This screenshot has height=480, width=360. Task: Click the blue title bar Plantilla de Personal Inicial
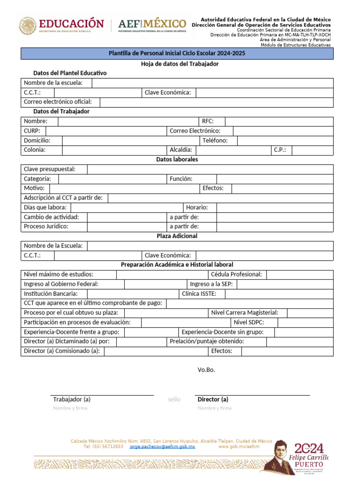click(177, 53)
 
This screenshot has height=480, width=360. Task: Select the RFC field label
click(208, 121)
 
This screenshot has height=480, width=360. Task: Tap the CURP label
click(32, 131)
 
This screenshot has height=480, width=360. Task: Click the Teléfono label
click(215, 140)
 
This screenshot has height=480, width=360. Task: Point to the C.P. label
click(280, 150)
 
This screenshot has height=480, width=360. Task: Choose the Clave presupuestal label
click(49, 169)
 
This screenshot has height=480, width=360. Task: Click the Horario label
click(197, 207)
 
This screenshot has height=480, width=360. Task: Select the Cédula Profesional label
click(236, 274)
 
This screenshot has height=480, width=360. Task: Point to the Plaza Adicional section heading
click(177, 236)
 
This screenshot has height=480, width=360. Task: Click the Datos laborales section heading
click(177, 159)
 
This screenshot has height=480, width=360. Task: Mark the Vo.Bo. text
click(206, 370)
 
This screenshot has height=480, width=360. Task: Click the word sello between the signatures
click(174, 399)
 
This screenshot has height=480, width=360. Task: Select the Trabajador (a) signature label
click(72, 399)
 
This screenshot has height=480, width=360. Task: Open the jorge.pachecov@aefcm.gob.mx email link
click(162, 447)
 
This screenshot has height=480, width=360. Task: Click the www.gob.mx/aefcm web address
click(239, 447)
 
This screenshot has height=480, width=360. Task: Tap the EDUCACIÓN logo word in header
click(71, 23)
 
